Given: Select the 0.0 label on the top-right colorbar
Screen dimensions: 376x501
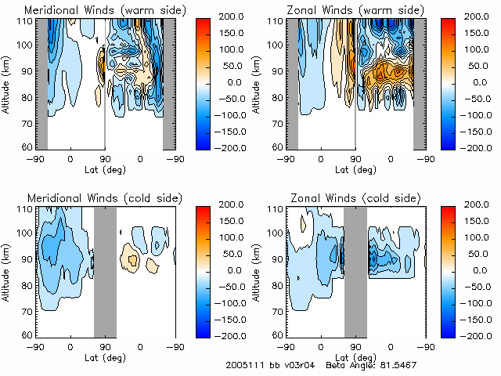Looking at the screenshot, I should click(476, 81).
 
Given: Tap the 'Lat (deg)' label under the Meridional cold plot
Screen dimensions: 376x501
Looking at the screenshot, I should click(104, 356).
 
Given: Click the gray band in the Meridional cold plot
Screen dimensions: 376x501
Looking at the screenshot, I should click(105, 270).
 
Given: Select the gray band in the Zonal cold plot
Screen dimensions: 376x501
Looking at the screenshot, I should click(355, 270).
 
